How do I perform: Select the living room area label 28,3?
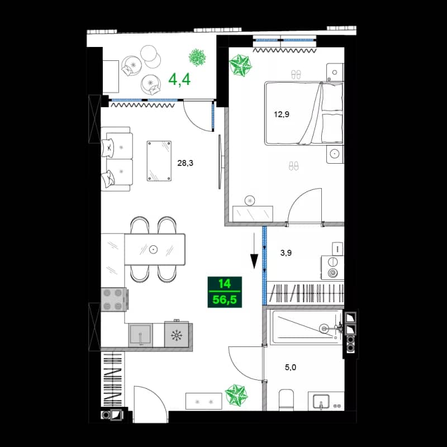(x=186, y=163)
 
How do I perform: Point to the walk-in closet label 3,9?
(x=286, y=253)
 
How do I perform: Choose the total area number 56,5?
(x=224, y=300)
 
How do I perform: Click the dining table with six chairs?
(x=154, y=249)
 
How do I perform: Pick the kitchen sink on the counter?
(x=140, y=335)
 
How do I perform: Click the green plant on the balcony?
(x=197, y=56)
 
